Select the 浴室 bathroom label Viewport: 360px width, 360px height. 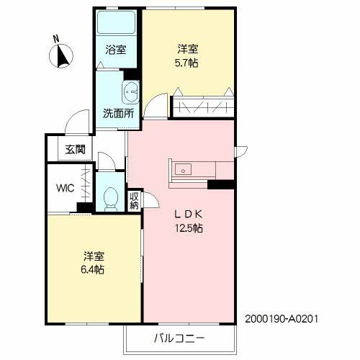[115, 50]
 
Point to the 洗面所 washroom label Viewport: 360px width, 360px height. [117, 113]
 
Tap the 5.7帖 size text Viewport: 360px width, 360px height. [189, 63]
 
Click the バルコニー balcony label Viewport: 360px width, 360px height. [179, 338]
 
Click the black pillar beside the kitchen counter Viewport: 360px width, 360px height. [220, 184]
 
